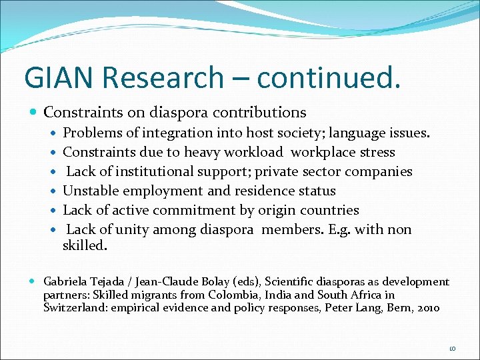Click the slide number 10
[453, 348]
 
